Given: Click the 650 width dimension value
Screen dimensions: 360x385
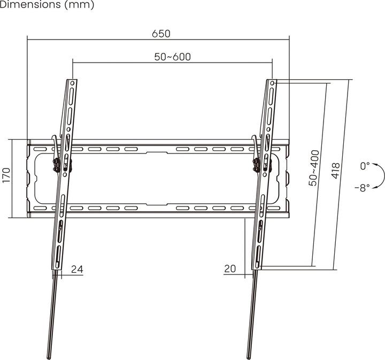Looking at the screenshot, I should [x=160, y=33].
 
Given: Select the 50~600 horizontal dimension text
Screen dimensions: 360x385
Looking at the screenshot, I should [x=173, y=57].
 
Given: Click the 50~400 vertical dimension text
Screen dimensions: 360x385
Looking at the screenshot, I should [x=315, y=167].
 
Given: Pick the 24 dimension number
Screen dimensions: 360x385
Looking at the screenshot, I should [x=76, y=269].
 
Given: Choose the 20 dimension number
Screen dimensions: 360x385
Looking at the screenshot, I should [x=230, y=269].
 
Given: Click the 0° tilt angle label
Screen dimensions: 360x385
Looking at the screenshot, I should [x=365, y=166].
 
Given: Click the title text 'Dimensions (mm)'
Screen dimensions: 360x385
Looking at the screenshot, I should [x=47, y=5].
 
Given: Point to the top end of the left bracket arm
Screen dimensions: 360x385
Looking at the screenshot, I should [x=72, y=82].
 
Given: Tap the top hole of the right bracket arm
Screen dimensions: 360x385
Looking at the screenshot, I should [x=273, y=83].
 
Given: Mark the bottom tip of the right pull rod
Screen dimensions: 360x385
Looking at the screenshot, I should [x=249, y=356].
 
